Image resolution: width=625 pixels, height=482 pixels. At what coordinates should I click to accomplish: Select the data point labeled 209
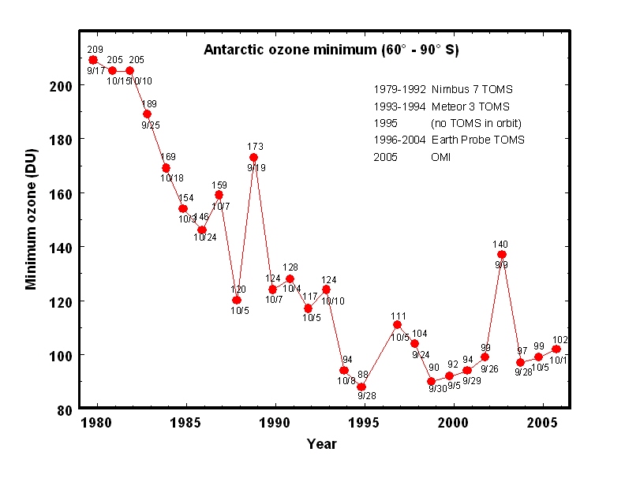click(94, 60)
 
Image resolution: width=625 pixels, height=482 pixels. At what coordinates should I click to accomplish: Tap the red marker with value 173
click(253, 157)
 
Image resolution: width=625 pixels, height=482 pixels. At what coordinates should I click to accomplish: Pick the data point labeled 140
click(501, 254)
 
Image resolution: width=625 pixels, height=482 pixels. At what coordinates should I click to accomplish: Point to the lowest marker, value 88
click(361, 387)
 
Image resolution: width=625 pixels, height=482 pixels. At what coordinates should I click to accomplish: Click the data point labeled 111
click(397, 324)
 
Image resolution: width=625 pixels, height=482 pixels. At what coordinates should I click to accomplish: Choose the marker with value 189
click(147, 114)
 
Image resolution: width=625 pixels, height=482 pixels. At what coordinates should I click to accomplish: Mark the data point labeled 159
click(219, 195)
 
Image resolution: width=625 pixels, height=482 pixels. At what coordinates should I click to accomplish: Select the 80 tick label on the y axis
click(65, 409)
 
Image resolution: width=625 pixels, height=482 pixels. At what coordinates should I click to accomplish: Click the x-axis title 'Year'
click(322, 444)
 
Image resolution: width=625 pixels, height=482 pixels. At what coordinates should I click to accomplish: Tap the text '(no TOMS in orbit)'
click(476, 123)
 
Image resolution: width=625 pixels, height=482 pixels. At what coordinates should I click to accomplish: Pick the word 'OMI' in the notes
click(441, 157)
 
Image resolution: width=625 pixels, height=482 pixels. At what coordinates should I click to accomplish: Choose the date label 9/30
click(437, 388)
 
